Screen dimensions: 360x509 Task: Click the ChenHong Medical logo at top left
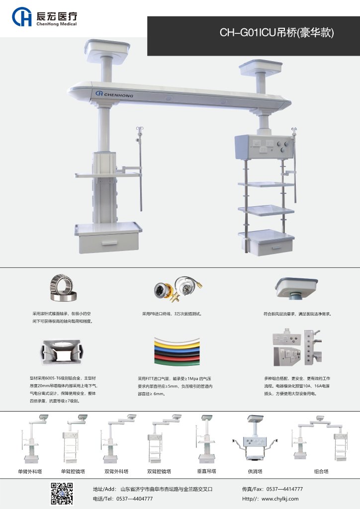(x=44, y=17)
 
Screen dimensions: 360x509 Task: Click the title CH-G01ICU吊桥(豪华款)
(x=276, y=32)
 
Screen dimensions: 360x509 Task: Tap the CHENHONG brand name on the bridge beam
(x=114, y=94)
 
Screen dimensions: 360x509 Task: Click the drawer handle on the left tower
(x=109, y=243)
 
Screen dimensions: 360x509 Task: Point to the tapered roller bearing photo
(x=63, y=288)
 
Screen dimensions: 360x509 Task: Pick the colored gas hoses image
(x=177, y=351)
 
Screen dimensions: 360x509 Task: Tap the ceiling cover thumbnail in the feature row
(x=296, y=288)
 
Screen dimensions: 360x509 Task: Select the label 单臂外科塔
(x=30, y=471)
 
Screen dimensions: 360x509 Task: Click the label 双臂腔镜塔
(x=159, y=471)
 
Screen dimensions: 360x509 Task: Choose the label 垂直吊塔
(x=206, y=471)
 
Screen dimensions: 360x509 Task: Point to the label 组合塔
(x=321, y=471)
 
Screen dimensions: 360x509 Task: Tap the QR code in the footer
(x=62, y=494)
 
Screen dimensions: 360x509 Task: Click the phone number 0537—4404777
(x=134, y=499)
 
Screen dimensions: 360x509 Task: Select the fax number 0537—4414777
(x=285, y=489)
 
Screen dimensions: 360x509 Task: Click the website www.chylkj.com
(x=280, y=499)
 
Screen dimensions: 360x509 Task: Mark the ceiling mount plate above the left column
(x=107, y=48)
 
